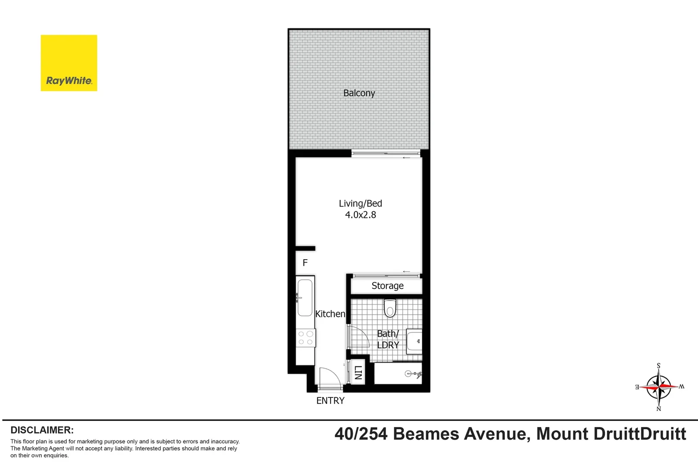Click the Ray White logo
pos(69,63)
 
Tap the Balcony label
pos(359,93)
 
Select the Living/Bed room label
pos(360,203)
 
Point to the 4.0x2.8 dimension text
pos(360,214)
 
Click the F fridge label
pos(305,263)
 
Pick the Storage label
pos(387,286)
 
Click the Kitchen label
pos(330,314)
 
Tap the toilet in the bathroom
pos(390,308)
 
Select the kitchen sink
pos(305,298)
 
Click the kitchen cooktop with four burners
pos(305,338)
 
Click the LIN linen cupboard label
pos(358,372)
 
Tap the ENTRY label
pos(330,401)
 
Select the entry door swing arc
pos(329,377)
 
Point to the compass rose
pos(658,387)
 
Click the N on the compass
pos(658,409)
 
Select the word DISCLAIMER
pos(42,430)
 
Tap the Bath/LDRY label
pos(388,339)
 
